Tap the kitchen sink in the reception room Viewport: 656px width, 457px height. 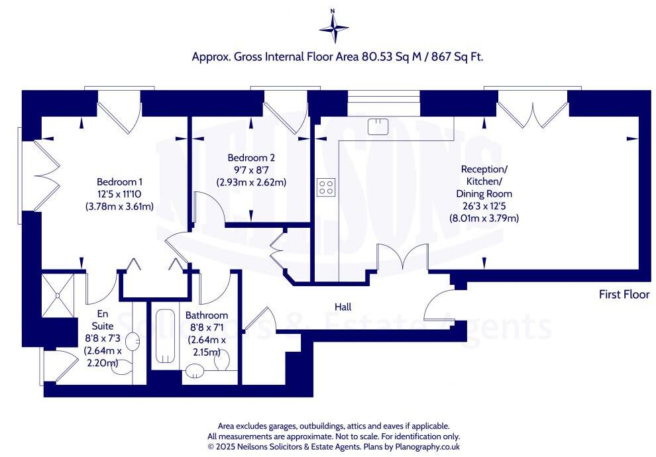pos(378,127)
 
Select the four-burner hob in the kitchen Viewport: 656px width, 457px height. pos(326,187)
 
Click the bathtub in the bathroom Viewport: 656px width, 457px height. pos(165,336)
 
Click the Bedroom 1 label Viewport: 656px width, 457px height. pos(120,182)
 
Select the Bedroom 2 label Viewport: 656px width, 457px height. pos(251,158)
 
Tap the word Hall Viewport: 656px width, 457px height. pos(343,307)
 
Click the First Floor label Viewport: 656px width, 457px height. pos(624,294)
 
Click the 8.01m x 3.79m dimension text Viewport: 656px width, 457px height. pos(484,218)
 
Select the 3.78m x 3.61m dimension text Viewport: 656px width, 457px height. pos(120,206)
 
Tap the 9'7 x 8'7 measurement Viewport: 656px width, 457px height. pos(251,170)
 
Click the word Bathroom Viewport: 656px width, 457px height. pos(207,315)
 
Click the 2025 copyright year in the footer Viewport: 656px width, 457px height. pos(224,446)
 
